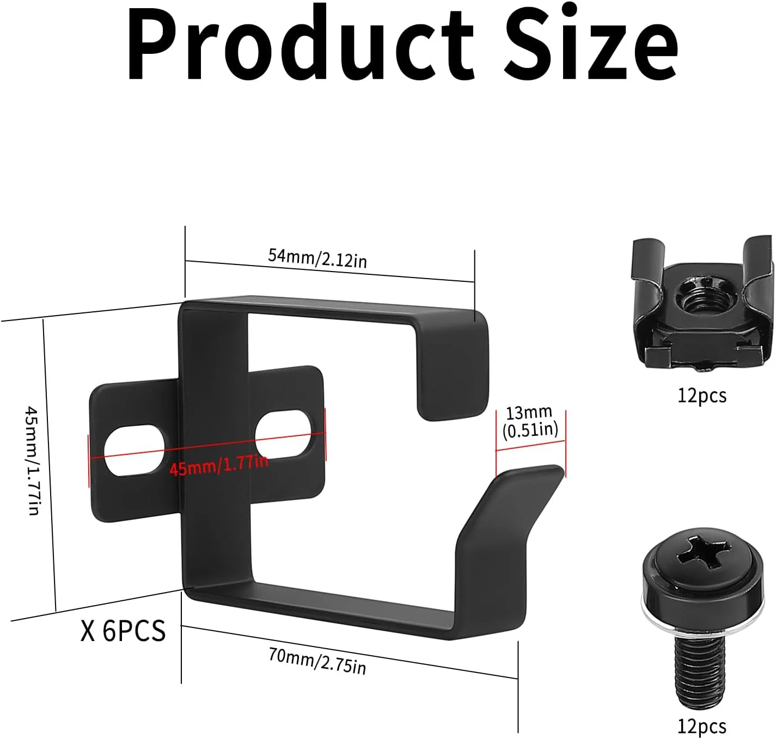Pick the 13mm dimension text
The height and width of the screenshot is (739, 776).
click(529, 412)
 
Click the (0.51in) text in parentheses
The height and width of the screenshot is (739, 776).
click(530, 430)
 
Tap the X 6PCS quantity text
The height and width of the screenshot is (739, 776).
click(123, 631)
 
